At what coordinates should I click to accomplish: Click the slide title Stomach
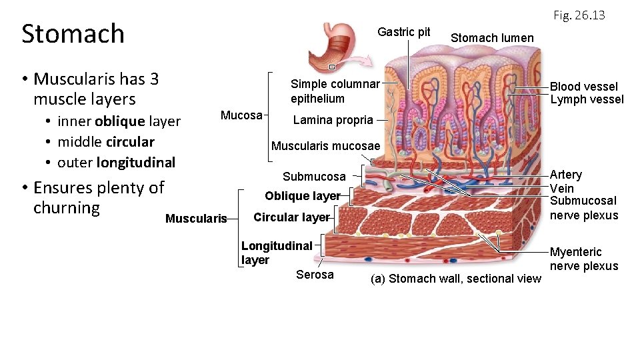(x=73, y=33)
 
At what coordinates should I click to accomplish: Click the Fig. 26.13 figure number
(x=579, y=15)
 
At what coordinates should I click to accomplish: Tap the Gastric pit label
(x=403, y=32)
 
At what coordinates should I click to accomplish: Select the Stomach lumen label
(x=492, y=38)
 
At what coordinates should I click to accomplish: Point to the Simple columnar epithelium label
(x=335, y=91)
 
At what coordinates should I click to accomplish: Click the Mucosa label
(x=241, y=115)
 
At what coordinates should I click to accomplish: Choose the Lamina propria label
(x=333, y=121)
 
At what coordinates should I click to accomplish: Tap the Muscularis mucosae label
(x=325, y=146)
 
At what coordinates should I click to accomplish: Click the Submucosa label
(x=314, y=177)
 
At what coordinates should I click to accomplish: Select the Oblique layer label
(x=302, y=196)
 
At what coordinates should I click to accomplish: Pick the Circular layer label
(x=291, y=217)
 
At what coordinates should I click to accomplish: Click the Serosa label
(x=315, y=275)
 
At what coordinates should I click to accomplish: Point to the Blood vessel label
(x=583, y=87)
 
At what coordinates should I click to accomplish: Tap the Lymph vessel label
(x=587, y=100)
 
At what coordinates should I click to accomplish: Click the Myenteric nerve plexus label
(x=584, y=259)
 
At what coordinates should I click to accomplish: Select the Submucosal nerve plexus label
(x=583, y=208)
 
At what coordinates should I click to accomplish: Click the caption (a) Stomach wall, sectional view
(x=455, y=279)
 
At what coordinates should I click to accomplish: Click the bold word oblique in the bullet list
(x=119, y=121)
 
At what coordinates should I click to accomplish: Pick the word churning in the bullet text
(x=66, y=208)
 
